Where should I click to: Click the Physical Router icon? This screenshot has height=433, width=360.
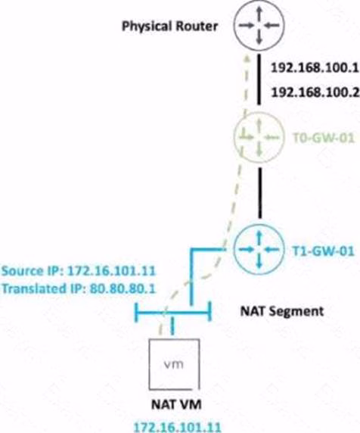point(259,26)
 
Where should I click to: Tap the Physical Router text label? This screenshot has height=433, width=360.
point(169,26)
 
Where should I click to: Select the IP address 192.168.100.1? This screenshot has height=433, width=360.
point(315,67)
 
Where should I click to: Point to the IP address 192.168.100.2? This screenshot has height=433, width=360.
point(315,92)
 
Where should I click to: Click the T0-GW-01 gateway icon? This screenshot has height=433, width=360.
point(259,137)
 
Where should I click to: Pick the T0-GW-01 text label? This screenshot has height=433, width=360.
point(323,138)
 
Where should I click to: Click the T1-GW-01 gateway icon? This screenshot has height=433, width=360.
point(259,249)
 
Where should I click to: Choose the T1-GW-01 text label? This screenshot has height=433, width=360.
point(323,251)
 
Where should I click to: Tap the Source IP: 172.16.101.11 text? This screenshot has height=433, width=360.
point(79,271)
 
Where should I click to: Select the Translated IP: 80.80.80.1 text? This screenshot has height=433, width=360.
point(79,288)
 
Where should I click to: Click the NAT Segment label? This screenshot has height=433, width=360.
point(282,311)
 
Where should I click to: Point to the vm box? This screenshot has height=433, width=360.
point(174,364)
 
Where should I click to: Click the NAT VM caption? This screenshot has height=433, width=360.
point(176,405)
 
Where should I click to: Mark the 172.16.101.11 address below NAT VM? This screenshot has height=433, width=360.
point(178,427)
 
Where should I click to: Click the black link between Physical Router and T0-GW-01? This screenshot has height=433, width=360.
point(259,79)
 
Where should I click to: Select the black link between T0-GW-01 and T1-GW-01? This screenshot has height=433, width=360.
point(259,193)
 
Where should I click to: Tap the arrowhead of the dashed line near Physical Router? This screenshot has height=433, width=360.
point(247,57)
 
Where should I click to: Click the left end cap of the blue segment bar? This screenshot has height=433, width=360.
point(136,313)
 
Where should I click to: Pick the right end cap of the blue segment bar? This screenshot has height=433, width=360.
point(209,311)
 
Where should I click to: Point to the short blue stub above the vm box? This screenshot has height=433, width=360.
point(172,326)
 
